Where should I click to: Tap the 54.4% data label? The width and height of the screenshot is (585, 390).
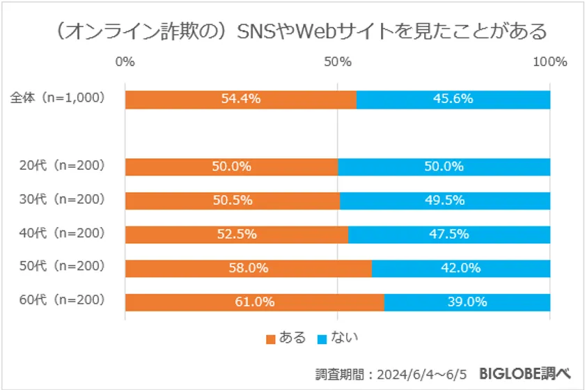pyautogui.click(x=240, y=99)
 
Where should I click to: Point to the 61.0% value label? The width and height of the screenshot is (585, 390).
pyautogui.click(x=254, y=302)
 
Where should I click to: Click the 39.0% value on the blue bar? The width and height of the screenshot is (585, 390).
pyautogui.click(x=467, y=302)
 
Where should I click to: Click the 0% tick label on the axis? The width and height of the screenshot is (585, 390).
pyautogui.click(x=125, y=62)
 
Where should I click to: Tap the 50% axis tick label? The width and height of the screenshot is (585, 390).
pyautogui.click(x=338, y=62)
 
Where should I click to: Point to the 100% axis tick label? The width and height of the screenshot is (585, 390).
pyautogui.click(x=549, y=62)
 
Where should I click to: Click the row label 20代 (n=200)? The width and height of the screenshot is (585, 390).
pyautogui.click(x=62, y=166)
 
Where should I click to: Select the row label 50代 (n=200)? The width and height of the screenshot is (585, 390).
pyautogui.click(x=62, y=267)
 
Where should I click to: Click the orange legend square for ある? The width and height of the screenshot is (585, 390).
pyautogui.click(x=271, y=340)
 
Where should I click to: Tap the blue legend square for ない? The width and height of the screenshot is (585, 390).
pyautogui.click(x=322, y=340)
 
